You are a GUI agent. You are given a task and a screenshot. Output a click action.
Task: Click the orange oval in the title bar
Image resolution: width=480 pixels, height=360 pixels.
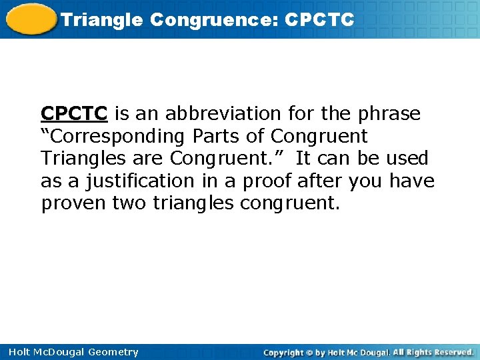pos(29,19)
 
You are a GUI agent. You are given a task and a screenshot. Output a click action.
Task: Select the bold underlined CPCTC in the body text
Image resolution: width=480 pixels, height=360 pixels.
pos(74,114)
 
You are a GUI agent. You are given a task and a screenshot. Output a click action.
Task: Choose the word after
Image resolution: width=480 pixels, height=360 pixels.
pos(321,181)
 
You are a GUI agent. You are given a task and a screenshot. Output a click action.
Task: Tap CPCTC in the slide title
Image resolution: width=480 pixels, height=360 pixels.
pos(319,20)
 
